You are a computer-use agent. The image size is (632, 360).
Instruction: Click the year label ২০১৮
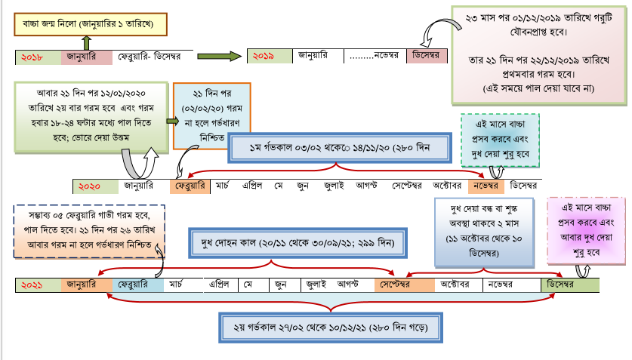[32, 57]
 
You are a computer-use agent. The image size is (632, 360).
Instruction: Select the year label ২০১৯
[264, 55]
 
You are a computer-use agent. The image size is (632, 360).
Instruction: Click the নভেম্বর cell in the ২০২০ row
[486, 186]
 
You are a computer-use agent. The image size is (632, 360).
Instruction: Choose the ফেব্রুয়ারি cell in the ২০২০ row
[190, 186]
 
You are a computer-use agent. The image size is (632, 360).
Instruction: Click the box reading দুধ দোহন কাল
[300, 244]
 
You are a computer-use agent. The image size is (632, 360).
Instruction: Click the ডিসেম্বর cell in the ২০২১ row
[572, 285]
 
